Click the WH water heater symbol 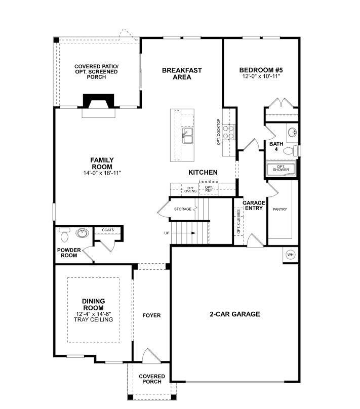291,254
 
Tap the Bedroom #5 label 261,70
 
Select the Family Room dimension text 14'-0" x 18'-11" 102,173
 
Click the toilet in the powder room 64,234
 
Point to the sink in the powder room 81,233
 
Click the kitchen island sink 187,134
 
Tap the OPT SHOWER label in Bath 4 281,168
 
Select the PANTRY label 280,209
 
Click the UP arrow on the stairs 185,233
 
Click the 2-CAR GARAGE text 234,314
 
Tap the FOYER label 151,315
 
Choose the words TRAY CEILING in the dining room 93,319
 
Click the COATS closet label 108,230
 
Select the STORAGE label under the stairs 183,209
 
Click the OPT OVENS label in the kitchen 190,190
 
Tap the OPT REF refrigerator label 208,189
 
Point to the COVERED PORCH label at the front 152,379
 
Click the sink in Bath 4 292,133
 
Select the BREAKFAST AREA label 182,73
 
